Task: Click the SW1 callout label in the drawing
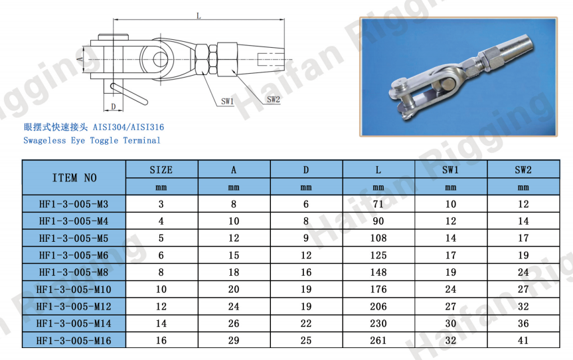coord(227,101)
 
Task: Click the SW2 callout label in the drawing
coord(273,100)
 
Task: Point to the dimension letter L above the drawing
coord(199,15)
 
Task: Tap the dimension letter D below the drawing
coord(114,106)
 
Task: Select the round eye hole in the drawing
coord(160,60)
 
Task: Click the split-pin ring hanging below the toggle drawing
coord(129,94)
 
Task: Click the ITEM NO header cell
coord(74,177)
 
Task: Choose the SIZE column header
coord(161,169)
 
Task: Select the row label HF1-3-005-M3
coord(74,204)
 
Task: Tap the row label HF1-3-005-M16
coord(74,341)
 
